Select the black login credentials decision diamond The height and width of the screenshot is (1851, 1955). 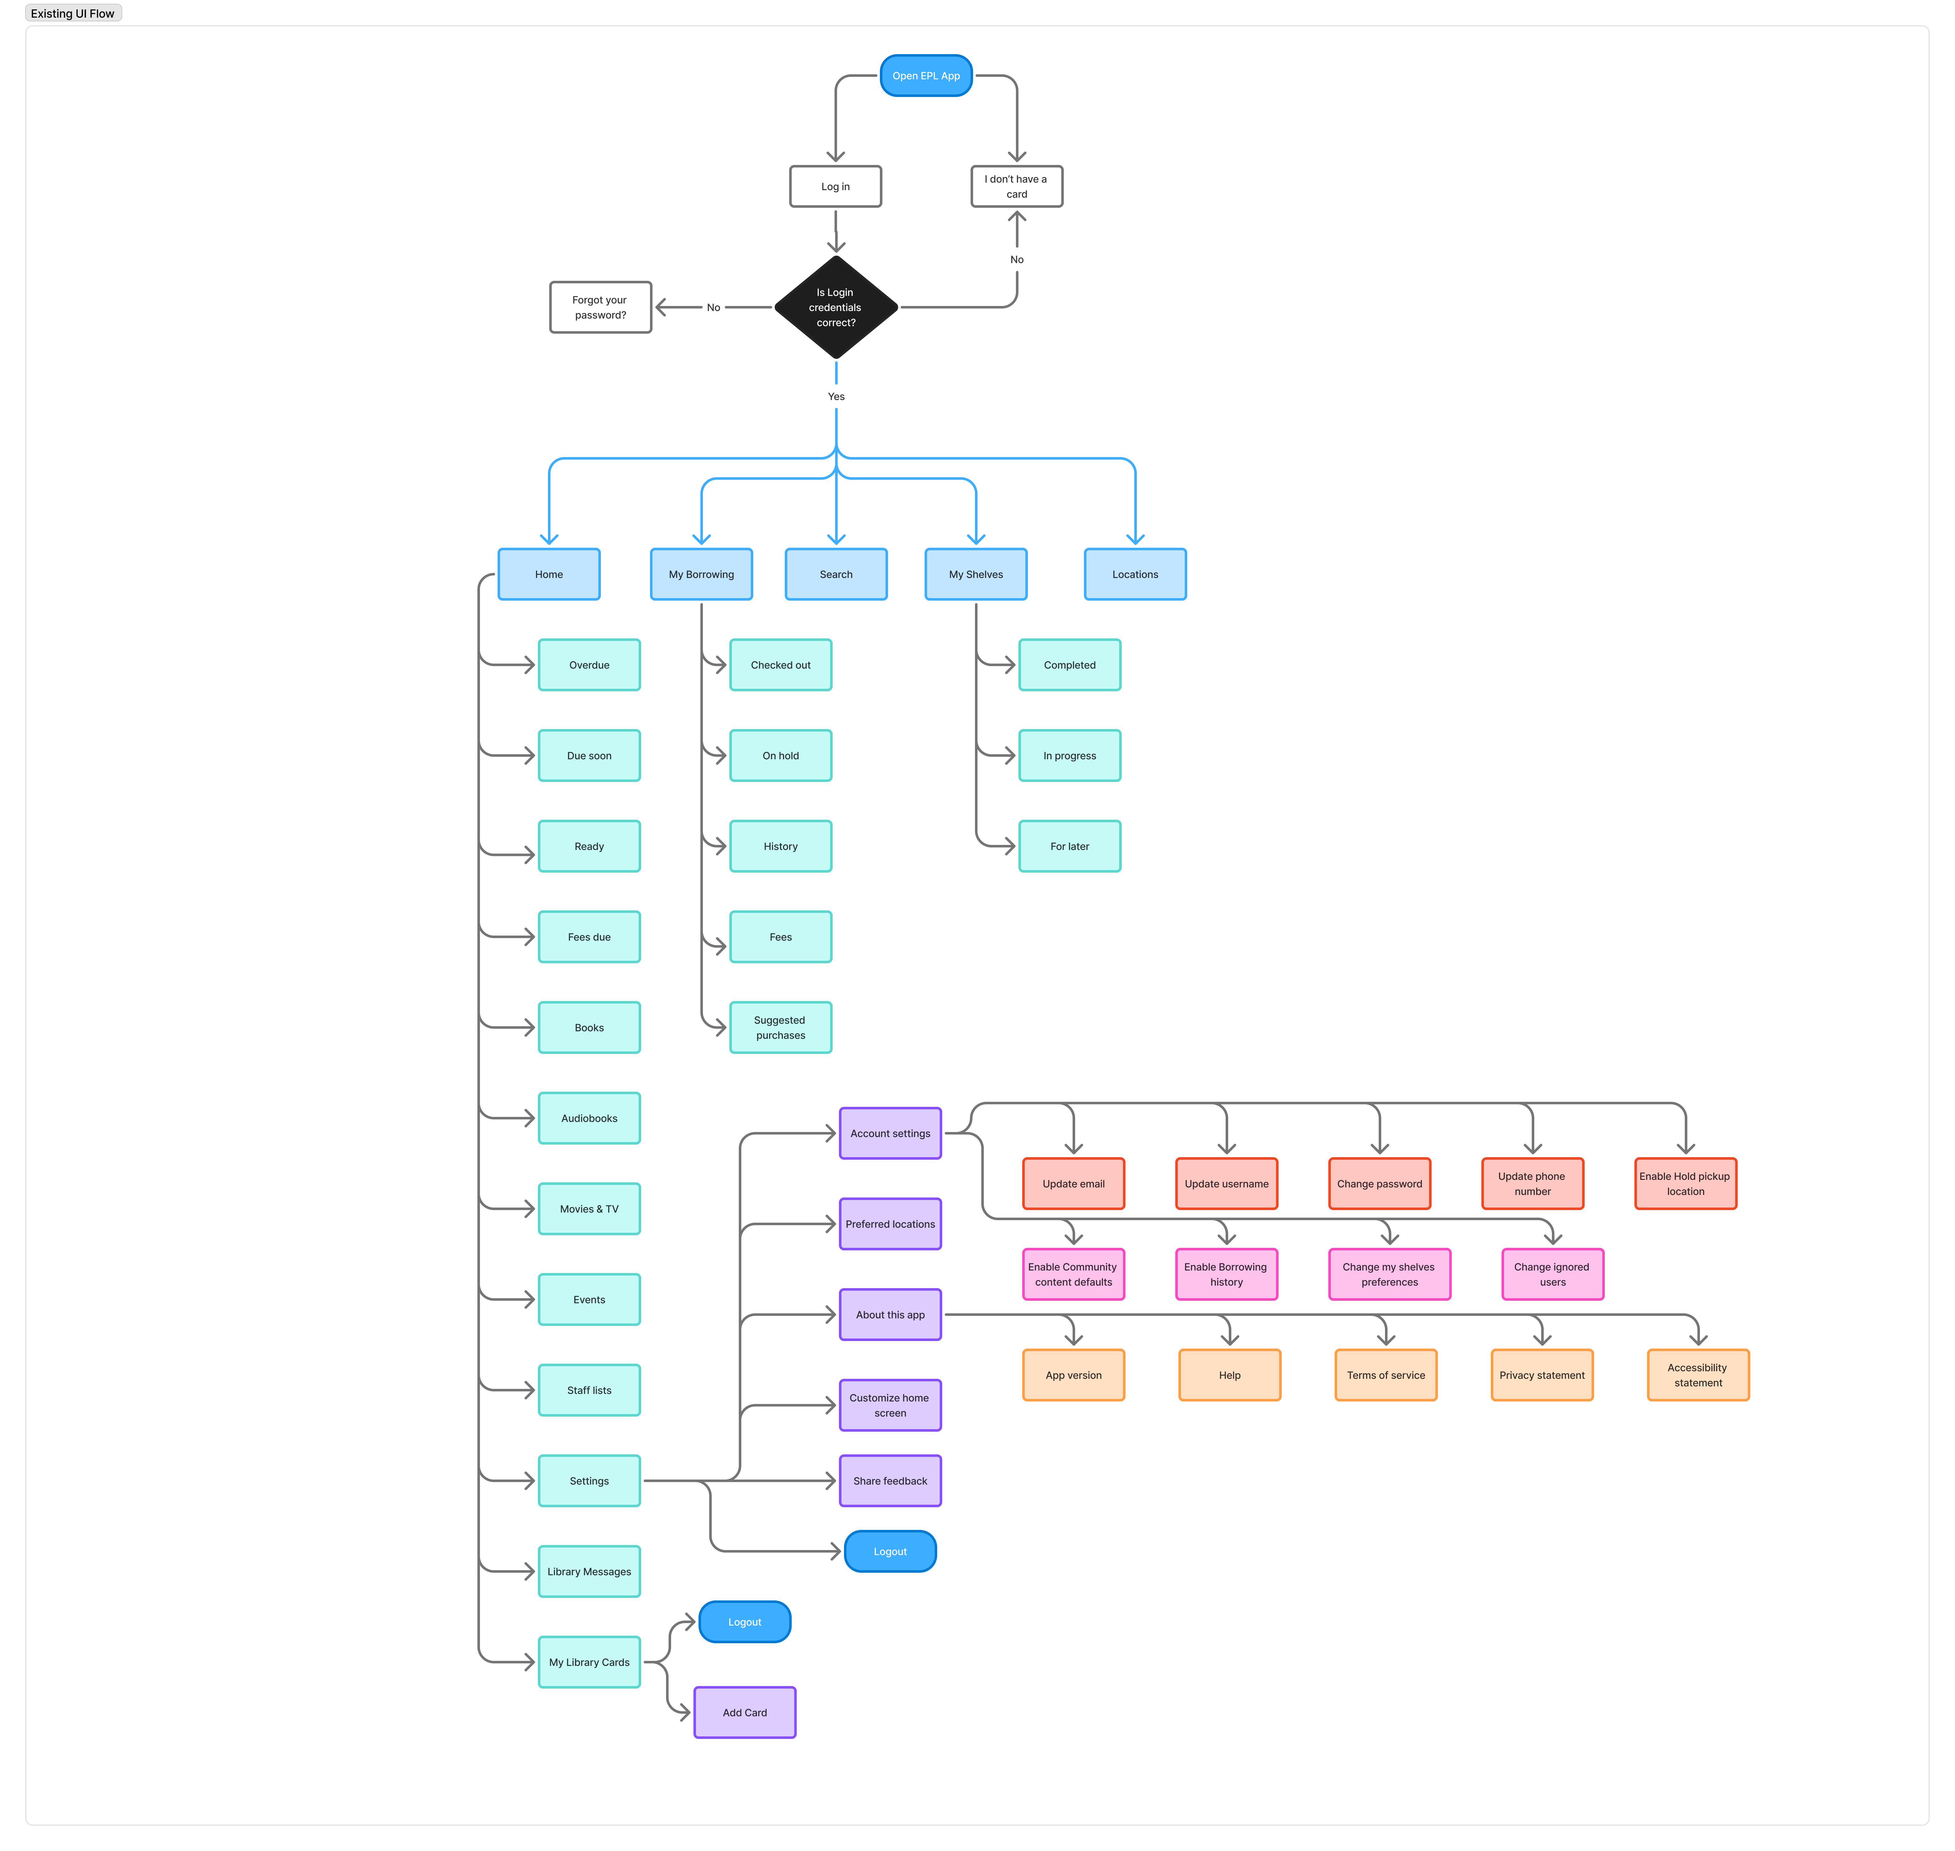click(836, 307)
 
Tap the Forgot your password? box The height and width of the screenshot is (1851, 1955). click(600, 307)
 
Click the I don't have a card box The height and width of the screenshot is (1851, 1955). click(1017, 186)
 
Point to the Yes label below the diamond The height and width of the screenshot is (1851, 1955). click(836, 397)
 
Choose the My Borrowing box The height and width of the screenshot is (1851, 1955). click(702, 574)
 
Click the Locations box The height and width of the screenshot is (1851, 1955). click(1135, 574)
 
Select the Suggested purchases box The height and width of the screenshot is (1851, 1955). click(781, 1027)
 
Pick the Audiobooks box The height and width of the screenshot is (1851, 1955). click(589, 1118)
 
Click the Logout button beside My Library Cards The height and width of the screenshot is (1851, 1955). click(745, 1622)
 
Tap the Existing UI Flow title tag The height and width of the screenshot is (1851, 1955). click(73, 13)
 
